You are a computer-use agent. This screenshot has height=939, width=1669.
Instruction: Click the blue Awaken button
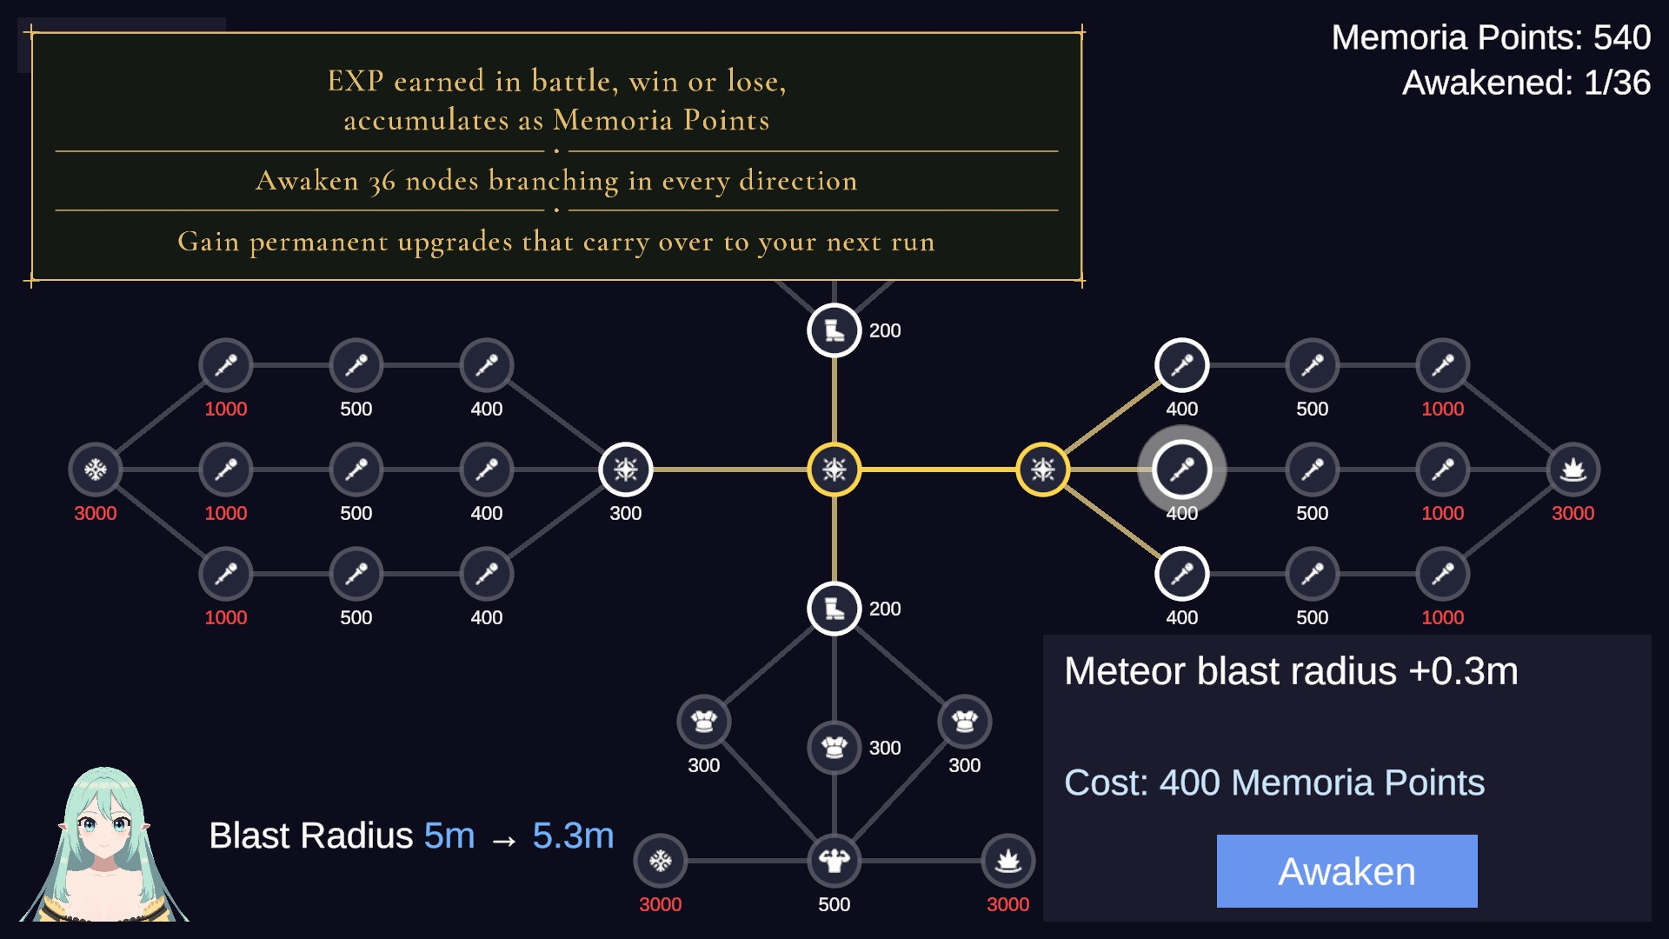[x=1347, y=871]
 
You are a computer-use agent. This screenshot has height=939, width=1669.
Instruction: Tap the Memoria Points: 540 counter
[x=1491, y=37]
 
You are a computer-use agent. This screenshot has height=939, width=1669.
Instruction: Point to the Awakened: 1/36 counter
[x=1526, y=83]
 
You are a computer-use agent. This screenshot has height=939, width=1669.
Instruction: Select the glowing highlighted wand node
[x=1182, y=469]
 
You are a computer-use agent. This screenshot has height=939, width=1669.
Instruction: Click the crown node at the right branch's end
[x=1573, y=469]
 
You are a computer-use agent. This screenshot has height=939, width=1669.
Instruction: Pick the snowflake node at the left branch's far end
[x=96, y=469]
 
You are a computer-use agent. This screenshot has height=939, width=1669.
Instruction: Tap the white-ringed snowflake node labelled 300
[x=626, y=469]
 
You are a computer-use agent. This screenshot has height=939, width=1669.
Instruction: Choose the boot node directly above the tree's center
[x=834, y=330]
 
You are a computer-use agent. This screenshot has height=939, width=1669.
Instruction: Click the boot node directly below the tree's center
[x=834, y=609]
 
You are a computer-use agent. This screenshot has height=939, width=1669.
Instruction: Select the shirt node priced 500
[x=834, y=861]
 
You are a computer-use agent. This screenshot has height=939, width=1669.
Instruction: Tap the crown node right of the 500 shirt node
[x=1008, y=861]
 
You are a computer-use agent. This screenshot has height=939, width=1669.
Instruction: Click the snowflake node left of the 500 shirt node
[x=661, y=861]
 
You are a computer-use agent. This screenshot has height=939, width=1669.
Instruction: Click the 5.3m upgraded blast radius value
[x=573, y=836]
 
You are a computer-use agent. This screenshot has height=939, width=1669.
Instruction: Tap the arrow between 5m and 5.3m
[x=504, y=841]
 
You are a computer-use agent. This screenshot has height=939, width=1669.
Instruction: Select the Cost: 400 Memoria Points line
[x=1274, y=782]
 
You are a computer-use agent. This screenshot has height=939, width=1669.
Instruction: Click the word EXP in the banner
[x=356, y=81]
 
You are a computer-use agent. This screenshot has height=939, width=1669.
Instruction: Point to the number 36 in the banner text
[x=382, y=182]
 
